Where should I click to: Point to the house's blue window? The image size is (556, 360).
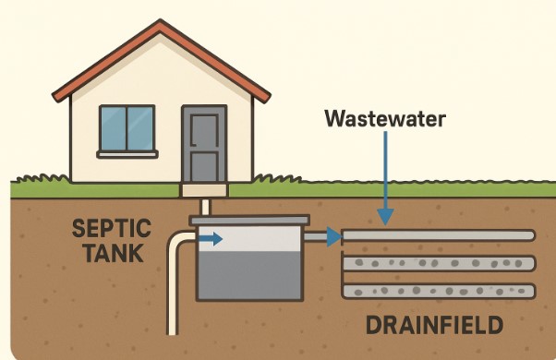click(127, 129)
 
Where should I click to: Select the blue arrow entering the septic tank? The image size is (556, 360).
click(212, 239)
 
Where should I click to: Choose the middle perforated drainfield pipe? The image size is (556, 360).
click(439, 263)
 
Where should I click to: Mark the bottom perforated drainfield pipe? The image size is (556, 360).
click(439, 291)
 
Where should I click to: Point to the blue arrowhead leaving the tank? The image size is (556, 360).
click(335, 237)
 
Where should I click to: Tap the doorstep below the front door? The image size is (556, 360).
click(204, 190)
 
